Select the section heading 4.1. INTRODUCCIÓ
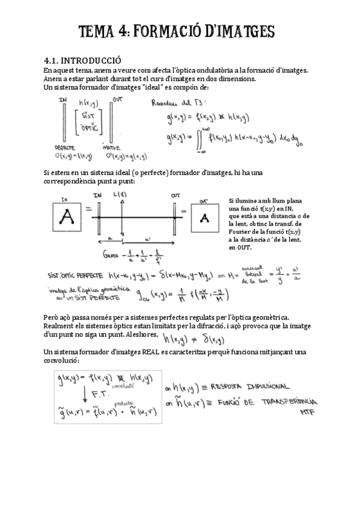pyautogui.click(x=82, y=60)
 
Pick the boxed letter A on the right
pyautogui.click(x=206, y=217)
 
